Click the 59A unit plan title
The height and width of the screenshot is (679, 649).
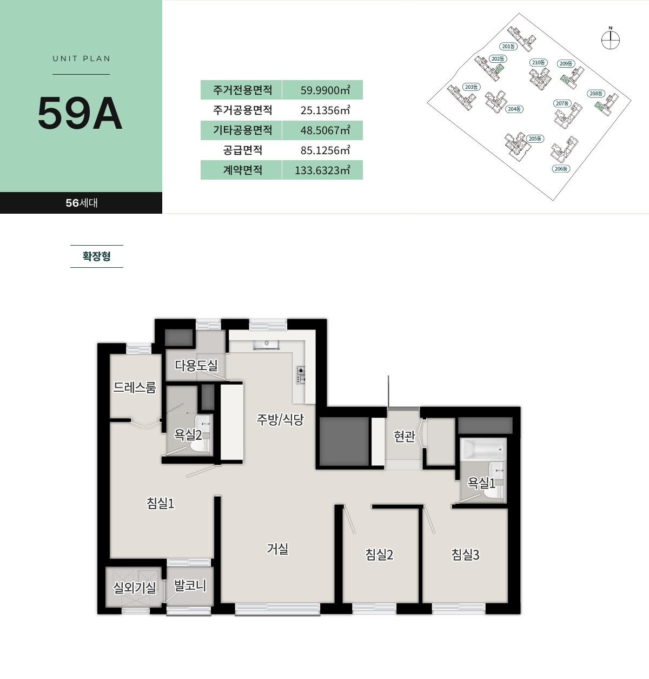[x=80, y=113]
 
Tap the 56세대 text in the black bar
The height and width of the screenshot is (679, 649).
[x=82, y=203]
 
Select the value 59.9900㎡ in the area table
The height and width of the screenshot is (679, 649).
[x=325, y=90]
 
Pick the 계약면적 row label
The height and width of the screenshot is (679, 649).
[x=242, y=170]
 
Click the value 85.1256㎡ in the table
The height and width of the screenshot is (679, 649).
[x=325, y=150]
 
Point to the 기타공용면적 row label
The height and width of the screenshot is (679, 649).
[x=242, y=130]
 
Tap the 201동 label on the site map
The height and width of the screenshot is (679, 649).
[x=508, y=47]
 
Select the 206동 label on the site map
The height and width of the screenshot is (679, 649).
[x=561, y=169]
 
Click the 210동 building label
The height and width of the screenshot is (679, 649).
[x=539, y=62]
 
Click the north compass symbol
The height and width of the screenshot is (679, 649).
[x=610, y=39]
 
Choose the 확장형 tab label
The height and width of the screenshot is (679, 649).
[x=97, y=256]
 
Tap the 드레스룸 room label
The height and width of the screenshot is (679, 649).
[x=135, y=387]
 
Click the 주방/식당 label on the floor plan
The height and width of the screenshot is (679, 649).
[x=280, y=419]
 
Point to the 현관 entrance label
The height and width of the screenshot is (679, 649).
[x=405, y=436]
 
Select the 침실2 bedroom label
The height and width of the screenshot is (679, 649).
[x=379, y=555]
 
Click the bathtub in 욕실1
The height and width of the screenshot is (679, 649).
[x=483, y=449]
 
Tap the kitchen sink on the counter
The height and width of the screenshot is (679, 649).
[x=267, y=344]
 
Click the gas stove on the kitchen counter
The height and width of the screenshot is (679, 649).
[x=301, y=375]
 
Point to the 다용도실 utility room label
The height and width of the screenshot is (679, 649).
[x=196, y=365]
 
